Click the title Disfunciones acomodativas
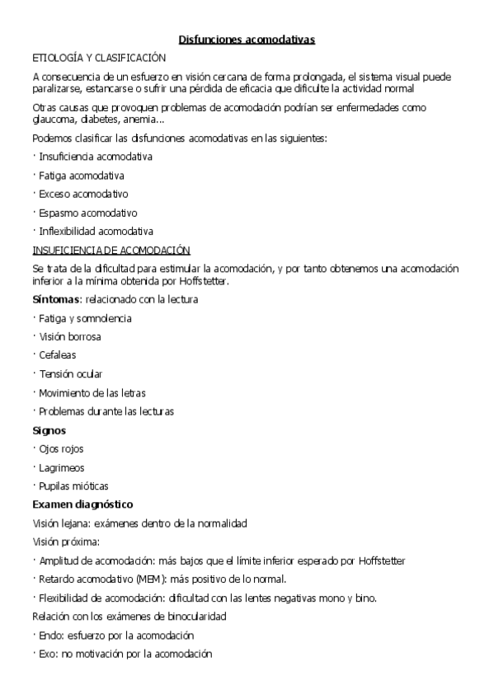[x=247, y=39]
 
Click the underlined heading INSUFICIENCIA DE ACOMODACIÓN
[x=111, y=250]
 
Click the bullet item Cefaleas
[x=57, y=354]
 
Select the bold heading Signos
[x=49, y=430]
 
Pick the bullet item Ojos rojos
[x=61, y=448]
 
